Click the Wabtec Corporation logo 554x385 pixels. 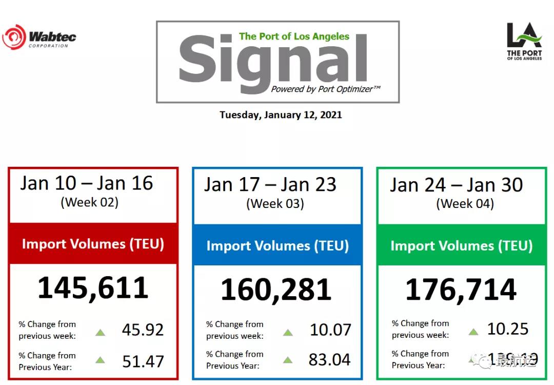(39, 37)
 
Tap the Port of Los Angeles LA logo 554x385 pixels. (524, 42)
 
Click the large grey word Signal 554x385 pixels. (273, 60)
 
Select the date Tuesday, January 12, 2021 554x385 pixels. (281, 114)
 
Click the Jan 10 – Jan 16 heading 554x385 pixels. (87, 183)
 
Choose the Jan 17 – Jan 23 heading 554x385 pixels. (270, 184)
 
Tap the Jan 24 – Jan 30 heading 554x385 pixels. (456, 185)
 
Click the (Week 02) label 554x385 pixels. (90, 202)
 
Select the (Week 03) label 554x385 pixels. (275, 203)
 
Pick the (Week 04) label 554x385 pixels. (465, 203)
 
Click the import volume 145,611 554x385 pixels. (93, 288)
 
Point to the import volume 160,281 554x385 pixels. (276, 290)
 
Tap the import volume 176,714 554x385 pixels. (461, 290)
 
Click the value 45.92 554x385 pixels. (143, 330)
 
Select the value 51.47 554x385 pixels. (143, 361)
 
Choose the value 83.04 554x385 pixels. (330, 360)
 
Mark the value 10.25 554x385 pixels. (508, 329)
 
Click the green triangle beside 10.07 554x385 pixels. (288, 332)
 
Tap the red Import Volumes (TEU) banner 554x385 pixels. (93, 244)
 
